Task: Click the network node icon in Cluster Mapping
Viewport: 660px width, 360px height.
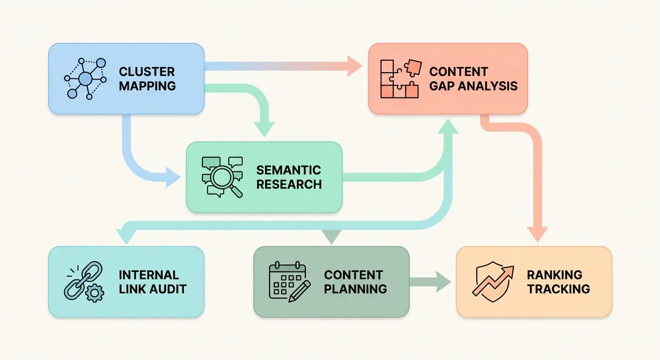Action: tap(85, 79)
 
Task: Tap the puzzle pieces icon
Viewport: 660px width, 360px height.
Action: tap(399, 79)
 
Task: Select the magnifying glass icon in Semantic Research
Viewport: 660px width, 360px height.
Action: tap(222, 177)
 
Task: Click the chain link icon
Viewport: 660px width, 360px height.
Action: tap(82, 281)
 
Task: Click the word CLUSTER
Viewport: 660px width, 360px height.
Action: tap(147, 72)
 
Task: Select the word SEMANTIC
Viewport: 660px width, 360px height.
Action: tap(289, 170)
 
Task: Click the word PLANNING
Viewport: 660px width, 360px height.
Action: tap(355, 289)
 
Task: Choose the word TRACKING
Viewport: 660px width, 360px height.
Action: tap(558, 289)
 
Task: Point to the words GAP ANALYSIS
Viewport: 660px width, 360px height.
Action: tap(473, 86)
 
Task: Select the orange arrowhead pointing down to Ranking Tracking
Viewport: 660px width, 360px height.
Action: tap(537, 233)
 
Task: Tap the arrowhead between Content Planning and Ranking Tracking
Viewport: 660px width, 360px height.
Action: tap(442, 281)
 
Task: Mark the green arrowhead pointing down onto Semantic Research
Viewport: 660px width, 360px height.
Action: tap(264, 128)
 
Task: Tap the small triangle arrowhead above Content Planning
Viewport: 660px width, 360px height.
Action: tap(331, 237)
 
